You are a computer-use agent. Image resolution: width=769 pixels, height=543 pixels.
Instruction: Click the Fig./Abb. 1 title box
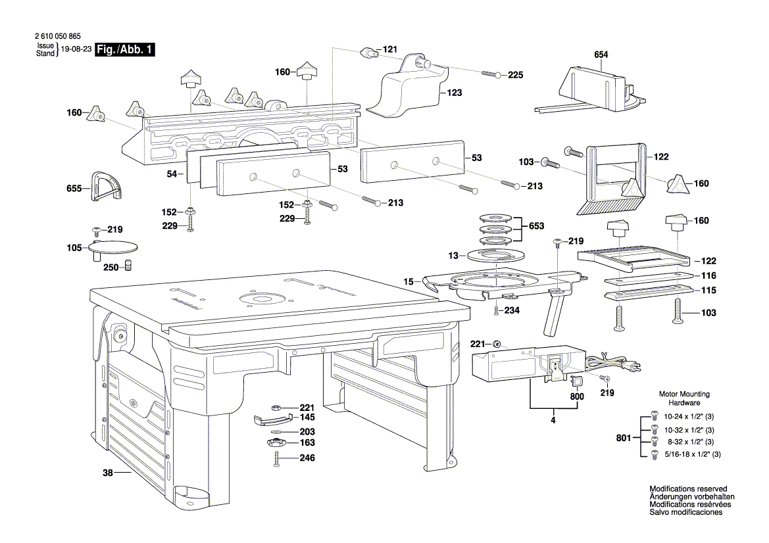coord(125,50)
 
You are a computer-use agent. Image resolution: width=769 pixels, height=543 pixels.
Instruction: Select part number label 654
coord(601,56)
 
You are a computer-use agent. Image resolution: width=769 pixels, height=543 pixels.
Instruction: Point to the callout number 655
coord(74,189)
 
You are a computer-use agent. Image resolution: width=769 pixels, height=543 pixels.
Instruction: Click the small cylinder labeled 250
coord(130,266)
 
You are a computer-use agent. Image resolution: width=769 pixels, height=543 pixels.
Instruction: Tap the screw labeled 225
coord(491,74)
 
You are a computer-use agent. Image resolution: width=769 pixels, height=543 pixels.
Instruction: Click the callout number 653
coord(537,226)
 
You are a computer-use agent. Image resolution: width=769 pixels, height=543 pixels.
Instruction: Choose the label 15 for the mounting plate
coord(408,281)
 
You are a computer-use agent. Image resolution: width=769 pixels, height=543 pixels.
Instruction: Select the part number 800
coord(576,396)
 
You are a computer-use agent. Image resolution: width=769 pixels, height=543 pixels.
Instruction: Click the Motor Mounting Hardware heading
coord(684,398)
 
